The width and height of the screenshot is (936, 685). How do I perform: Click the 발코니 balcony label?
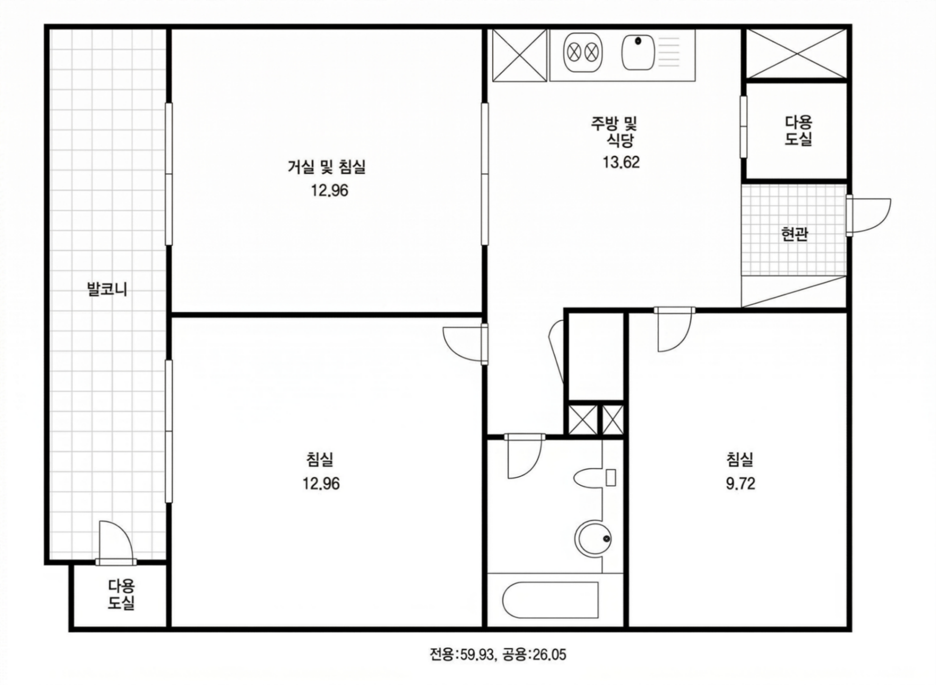pyautogui.click(x=107, y=289)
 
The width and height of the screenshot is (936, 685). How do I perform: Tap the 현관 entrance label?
pyautogui.click(x=794, y=234)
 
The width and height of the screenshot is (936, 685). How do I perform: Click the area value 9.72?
pyautogui.click(x=741, y=484)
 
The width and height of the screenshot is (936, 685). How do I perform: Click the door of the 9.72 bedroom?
pyautogui.click(x=674, y=330)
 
